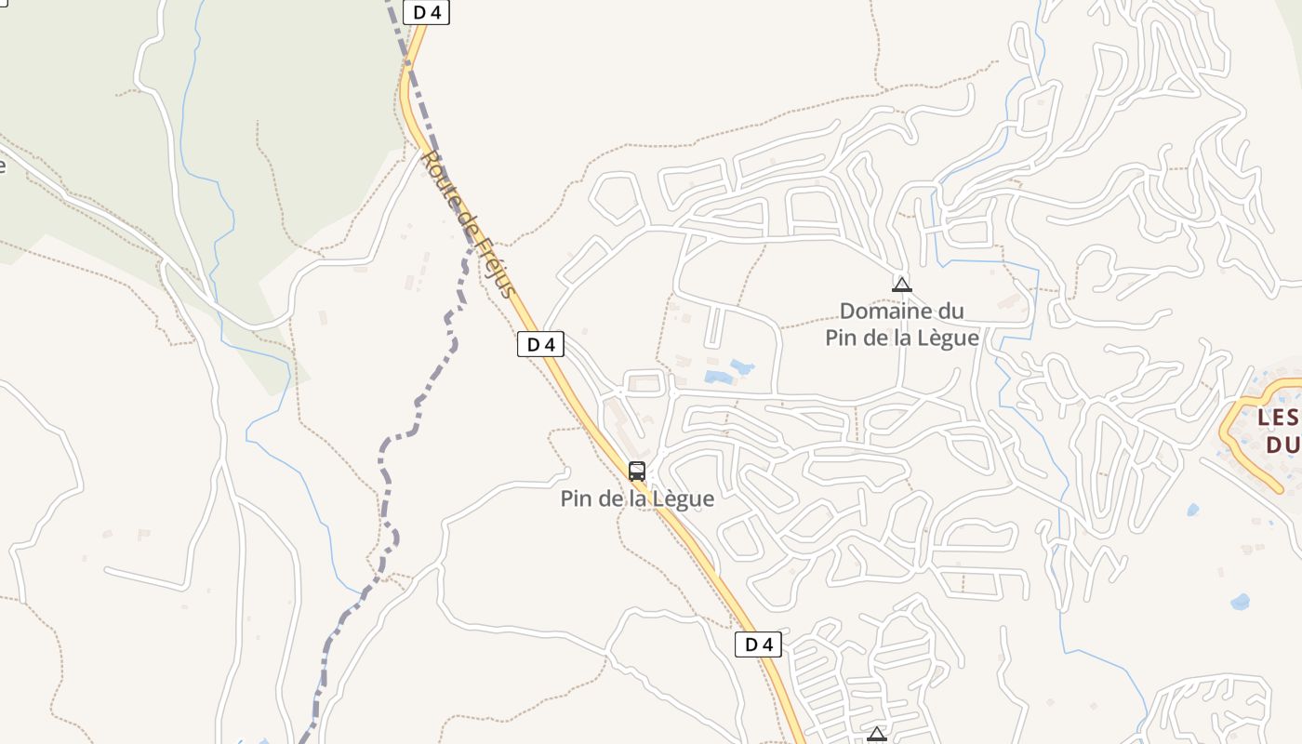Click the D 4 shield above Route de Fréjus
click(426, 12)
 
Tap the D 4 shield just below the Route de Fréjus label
click(540, 344)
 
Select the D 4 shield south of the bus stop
click(758, 644)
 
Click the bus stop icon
click(637, 471)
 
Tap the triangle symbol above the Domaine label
click(901, 285)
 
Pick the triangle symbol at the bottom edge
click(876, 735)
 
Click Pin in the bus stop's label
click(576, 498)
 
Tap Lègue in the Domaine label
click(947, 338)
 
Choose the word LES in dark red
click(1276, 418)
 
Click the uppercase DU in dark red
click(1282, 445)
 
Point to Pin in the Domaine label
click(841, 338)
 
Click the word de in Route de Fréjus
click(466, 220)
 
